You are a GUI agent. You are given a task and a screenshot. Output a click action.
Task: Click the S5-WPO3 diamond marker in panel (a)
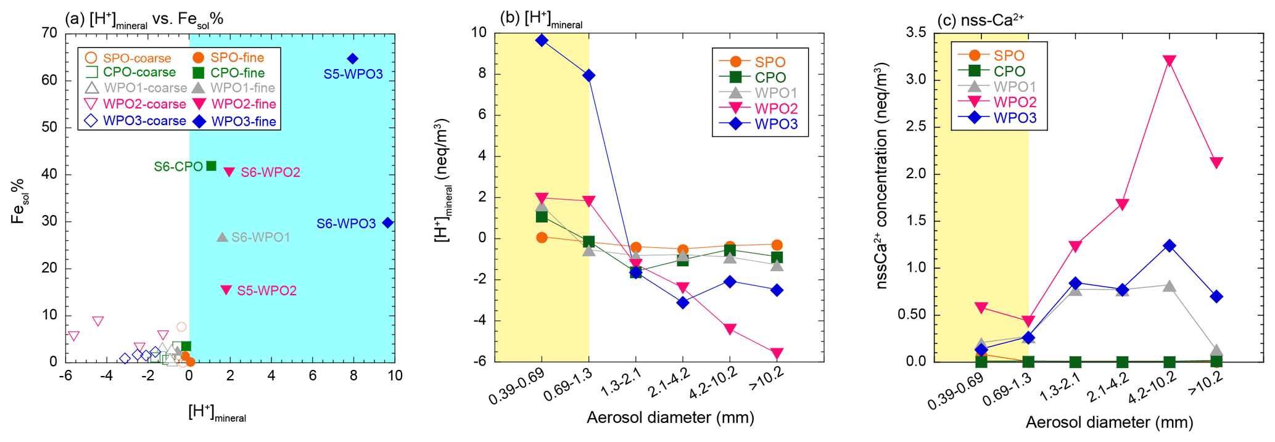click(353, 59)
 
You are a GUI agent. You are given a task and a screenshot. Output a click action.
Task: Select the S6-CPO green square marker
click(211, 166)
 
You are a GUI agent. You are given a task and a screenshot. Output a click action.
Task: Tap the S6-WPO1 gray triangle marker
click(222, 237)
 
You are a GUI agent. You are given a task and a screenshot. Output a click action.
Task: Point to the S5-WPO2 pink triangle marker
click(226, 290)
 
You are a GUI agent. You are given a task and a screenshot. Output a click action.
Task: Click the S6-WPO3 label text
click(346, 224)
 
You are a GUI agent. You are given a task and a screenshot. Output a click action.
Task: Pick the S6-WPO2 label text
click(270, 173)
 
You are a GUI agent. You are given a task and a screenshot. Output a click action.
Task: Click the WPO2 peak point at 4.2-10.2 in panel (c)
click(1169, 60)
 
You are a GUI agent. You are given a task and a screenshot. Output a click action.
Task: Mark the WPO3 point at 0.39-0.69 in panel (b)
click(542, 40)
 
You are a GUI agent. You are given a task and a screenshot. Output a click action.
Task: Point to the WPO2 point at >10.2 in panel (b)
click(777, 353)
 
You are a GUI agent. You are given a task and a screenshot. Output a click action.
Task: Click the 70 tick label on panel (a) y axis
click(49, 33)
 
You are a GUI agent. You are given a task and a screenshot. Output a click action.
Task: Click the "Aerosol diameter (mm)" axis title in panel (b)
click(671, 418)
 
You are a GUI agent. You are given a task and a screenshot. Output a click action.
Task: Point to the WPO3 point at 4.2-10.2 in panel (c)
click(1169, 246)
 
